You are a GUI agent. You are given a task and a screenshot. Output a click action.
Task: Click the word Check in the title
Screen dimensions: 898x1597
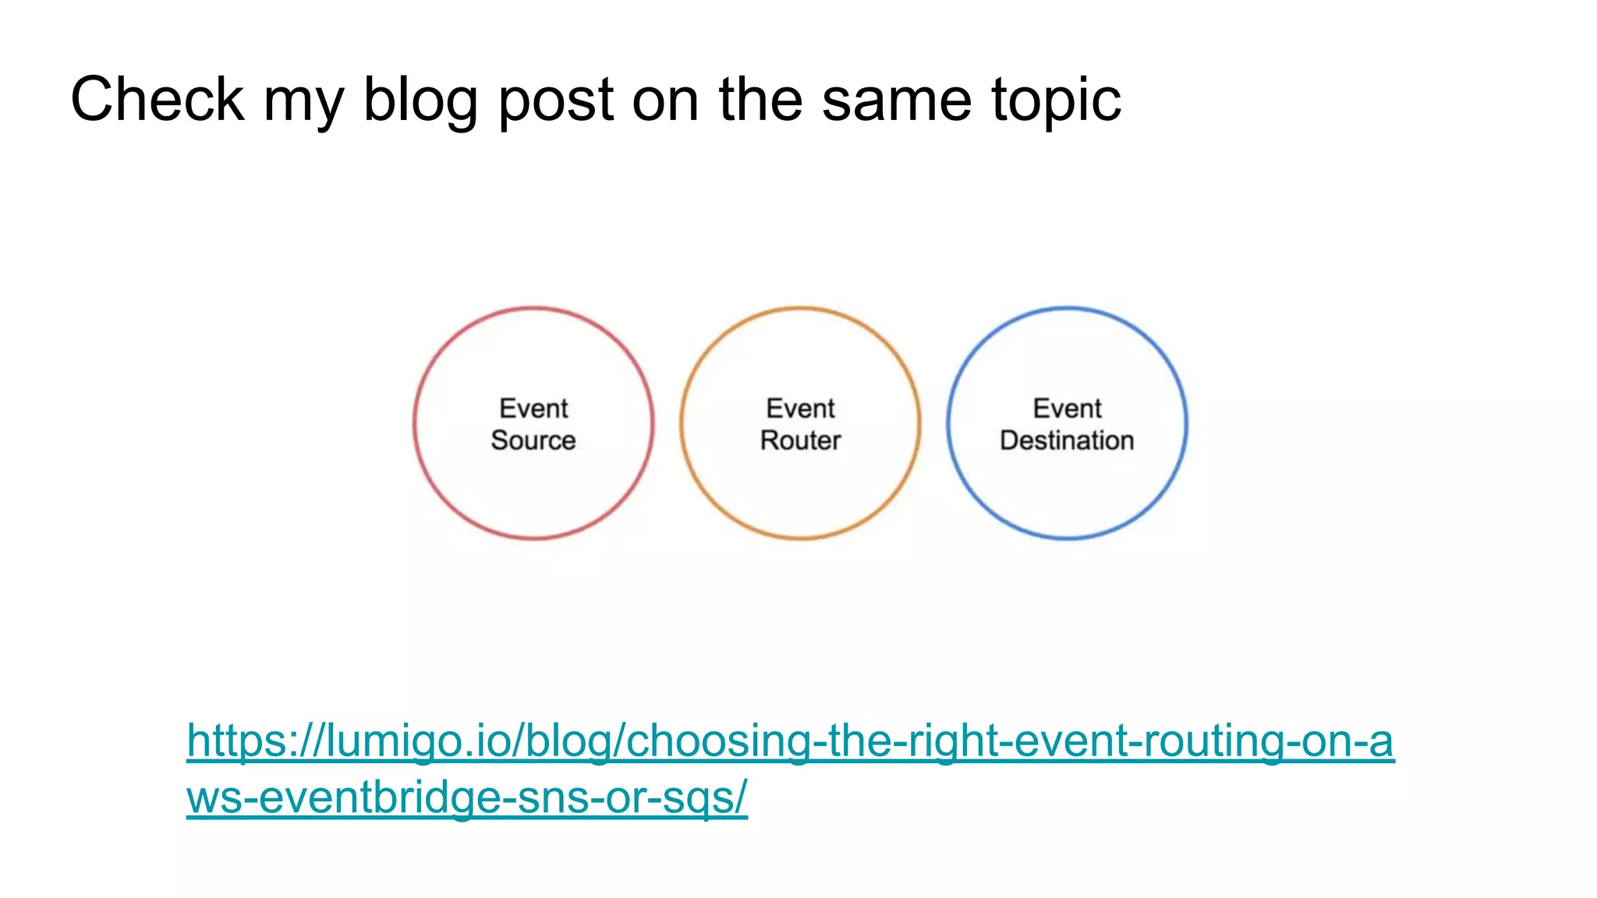157,100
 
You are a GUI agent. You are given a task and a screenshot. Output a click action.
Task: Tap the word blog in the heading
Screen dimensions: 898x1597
420,100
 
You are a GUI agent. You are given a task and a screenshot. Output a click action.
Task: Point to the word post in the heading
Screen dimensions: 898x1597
556,100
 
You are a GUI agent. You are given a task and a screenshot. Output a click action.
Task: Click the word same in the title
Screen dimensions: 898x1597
897,100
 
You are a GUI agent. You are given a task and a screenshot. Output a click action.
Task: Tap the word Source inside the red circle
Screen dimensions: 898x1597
533,440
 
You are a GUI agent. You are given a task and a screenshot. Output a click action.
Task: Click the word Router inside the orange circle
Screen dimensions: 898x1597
801,440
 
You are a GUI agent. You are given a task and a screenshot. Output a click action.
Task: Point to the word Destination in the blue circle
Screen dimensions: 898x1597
1067,440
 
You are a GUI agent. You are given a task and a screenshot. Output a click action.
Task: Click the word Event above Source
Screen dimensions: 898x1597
534,408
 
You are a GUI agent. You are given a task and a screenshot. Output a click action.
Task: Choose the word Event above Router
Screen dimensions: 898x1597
801,408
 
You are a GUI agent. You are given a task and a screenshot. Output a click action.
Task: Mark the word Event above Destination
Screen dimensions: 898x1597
1068,408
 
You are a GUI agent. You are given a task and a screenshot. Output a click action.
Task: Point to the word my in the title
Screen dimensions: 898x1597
303,100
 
